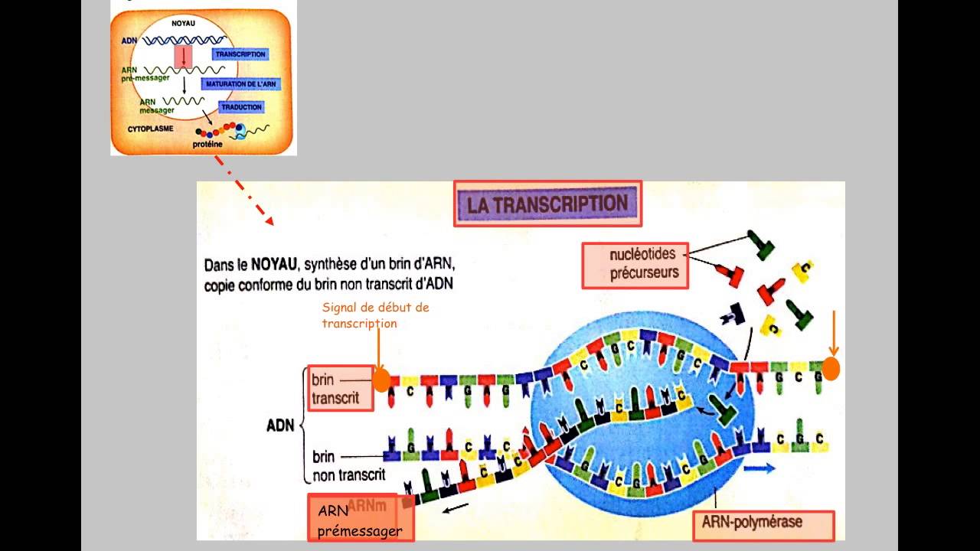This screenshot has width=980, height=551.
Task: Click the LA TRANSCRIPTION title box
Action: pyautogui.click(x=547, y=204)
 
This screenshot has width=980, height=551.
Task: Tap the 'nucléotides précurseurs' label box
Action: pyautogui.click(x=635, y=265)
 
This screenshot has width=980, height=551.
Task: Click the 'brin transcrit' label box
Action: pyautogui.click(x=339, y=389)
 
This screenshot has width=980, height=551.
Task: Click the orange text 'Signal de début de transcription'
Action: pyautogui.click(x=374, y=315)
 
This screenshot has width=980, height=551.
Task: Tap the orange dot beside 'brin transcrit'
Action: pyautogui.click(x=381, y=380)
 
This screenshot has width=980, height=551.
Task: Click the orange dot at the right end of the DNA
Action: pyautogui.click(x=831, y=370)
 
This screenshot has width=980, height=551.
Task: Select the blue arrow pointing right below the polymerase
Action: pyautogui.click(x=759, y=468)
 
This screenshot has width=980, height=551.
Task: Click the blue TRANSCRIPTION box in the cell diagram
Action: pyautogui.click(x=240, y=55)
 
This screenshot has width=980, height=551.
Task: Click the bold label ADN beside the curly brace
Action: pyautogui.click(x=280, y=426)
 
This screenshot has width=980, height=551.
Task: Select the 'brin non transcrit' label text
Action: pyautogui.click(x=348, y=466)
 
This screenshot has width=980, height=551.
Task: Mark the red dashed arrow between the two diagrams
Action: pyautogui.click(x=243, y=191)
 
